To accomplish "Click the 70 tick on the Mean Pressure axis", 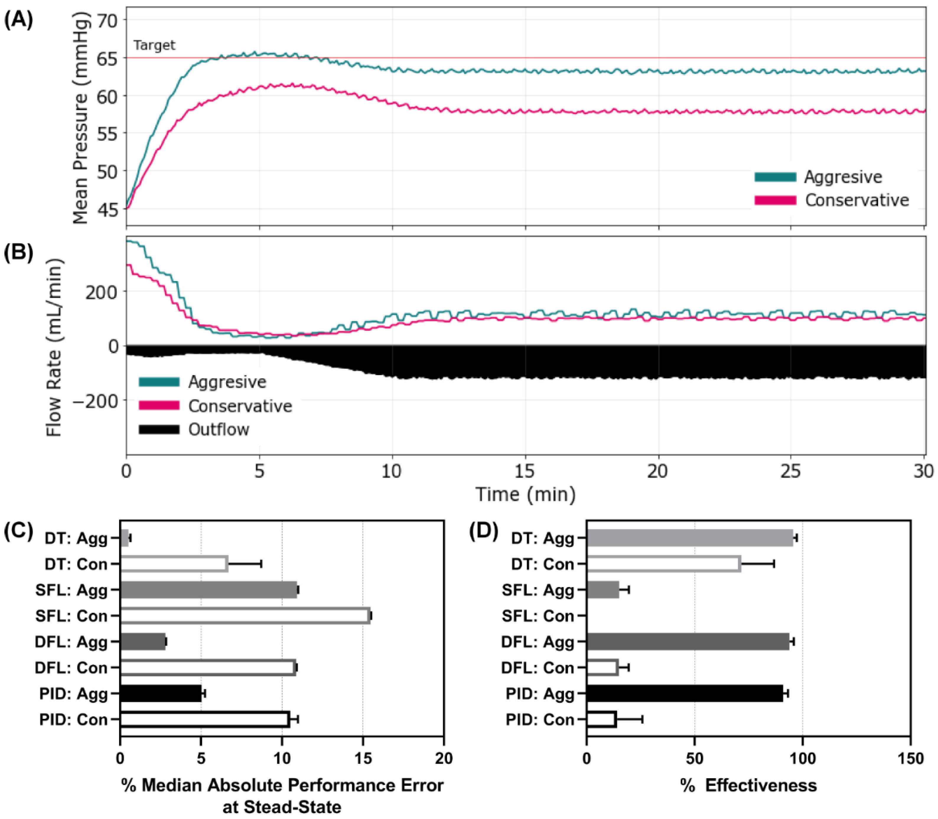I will point(106,20).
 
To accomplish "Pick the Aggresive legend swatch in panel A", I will point(775,177).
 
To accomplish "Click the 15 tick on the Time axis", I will point(525,471).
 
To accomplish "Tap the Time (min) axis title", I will point(525,494).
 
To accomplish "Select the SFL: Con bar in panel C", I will point(245,616).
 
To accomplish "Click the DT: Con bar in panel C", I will point(174,564).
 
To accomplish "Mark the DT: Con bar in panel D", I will point(663,564).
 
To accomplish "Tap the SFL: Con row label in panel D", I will point(538,616).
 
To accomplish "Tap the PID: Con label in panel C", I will point(73,720).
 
